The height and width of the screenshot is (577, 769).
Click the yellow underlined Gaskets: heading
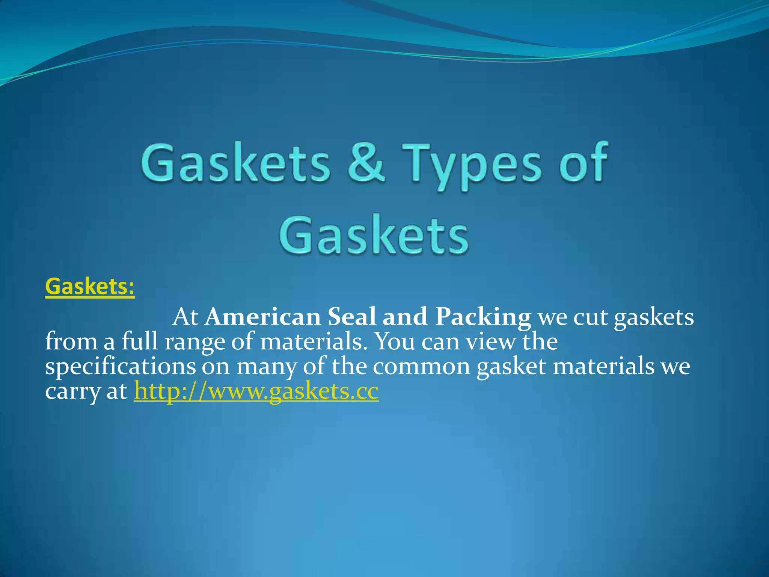(x=90, y=287)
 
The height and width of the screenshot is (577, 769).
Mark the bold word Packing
(x=483, y=318)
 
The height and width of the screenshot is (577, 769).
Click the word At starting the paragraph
(x=185, y=317)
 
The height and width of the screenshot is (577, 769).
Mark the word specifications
(x=120, y=367)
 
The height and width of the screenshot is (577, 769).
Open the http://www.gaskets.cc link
(x=256, y=391)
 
